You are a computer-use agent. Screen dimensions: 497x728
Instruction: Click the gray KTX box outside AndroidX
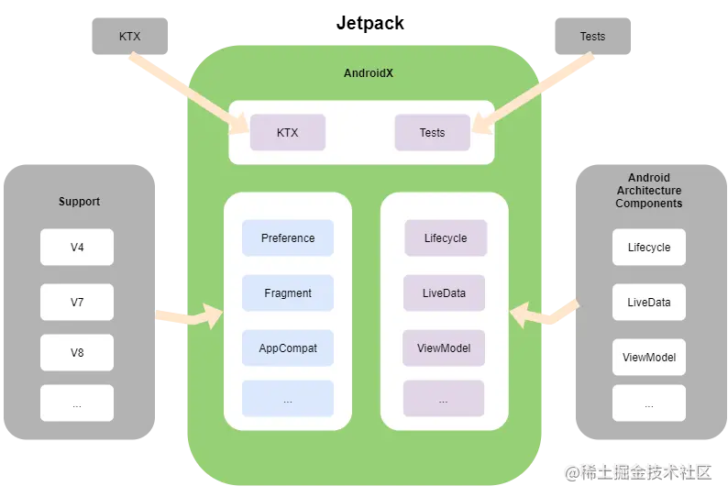[x=130, y=37]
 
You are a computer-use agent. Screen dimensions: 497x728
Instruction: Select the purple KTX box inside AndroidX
[x=288, y=133]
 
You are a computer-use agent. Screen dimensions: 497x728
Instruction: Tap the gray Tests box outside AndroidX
[x=592, y=37]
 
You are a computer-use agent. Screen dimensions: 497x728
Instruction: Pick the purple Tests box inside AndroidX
[x=432, y=133]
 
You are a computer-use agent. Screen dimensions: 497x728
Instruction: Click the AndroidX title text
[x=369, y=73]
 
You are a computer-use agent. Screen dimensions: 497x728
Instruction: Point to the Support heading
[x=79, y=202]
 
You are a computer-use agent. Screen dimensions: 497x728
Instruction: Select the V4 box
[x=77, y=248]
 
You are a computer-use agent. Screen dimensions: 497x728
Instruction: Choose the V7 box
[x=77, y=302]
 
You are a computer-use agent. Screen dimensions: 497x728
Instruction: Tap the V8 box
[x=77, y=352]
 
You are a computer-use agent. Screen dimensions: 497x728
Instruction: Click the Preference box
[x=288, y=238]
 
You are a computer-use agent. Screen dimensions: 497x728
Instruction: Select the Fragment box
[x=288, y=293]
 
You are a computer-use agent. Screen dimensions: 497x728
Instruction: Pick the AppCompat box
[x=288, y=348]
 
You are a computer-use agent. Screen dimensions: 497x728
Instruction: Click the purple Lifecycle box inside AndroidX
[x=446, y=238]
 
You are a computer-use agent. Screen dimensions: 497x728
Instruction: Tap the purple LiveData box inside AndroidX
[x=444, y=293]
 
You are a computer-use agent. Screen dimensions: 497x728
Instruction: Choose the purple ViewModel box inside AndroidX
[x=444, y=348]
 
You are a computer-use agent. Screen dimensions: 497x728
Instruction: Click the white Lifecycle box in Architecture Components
[x=649, y=248]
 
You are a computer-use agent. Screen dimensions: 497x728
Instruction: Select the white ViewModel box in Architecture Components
[x=649, y=357]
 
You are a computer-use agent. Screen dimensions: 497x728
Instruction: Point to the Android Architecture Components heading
[x=649, y=191]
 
